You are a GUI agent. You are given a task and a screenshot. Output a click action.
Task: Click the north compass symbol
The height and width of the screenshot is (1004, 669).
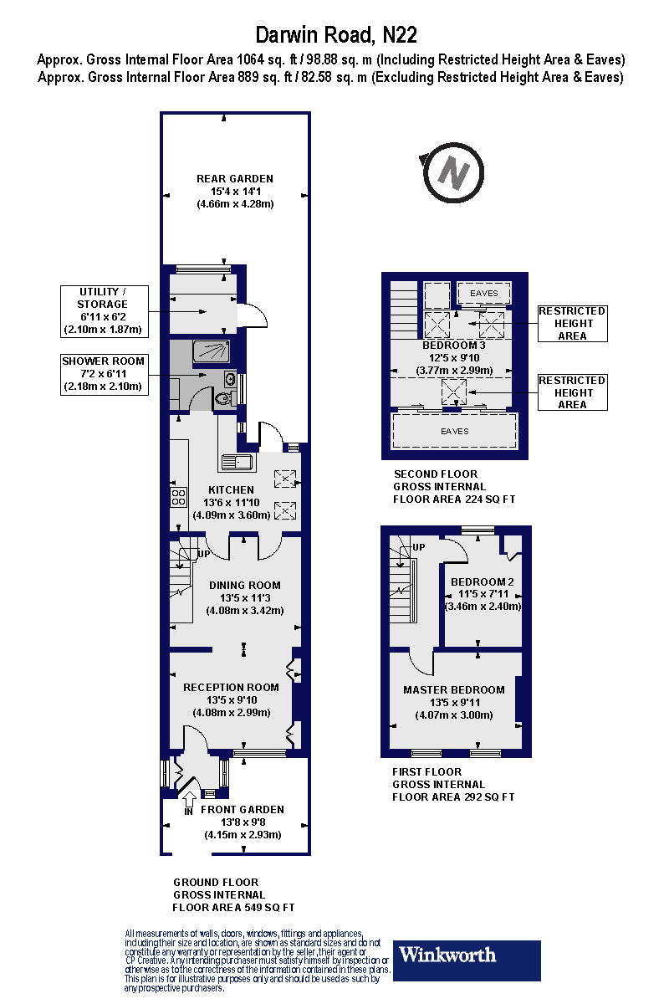click(454, 172)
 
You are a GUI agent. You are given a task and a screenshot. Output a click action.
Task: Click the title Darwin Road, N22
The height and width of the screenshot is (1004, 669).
click(335, 35)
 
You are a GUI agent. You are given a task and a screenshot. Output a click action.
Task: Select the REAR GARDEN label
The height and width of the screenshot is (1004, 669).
click(235, 178)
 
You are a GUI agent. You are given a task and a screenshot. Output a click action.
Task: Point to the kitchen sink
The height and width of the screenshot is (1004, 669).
click(237, 461)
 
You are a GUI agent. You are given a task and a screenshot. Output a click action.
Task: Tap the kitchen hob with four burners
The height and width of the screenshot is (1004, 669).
click(178, 498)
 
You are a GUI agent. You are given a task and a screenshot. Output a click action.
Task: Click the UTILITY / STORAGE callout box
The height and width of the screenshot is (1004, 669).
click(104, 310)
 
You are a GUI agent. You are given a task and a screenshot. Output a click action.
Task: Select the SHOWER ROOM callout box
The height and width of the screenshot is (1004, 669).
click(104, 374)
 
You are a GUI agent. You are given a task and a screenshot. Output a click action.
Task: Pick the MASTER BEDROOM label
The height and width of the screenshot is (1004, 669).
click(454, 690)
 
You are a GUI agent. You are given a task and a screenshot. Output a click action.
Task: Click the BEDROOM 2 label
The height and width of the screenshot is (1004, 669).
click(483, 582)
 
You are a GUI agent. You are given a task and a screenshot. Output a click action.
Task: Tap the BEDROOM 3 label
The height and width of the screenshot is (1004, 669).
click(454, 346)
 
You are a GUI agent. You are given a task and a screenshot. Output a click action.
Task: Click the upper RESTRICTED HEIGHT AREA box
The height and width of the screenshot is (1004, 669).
click(572, 323)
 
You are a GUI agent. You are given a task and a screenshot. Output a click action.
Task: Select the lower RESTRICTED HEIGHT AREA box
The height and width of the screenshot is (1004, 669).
click(572, 392)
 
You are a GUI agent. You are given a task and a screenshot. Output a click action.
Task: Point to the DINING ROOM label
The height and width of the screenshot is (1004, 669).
click(244, 586)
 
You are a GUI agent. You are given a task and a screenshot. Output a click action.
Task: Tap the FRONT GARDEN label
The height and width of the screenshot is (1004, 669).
click(243, 810)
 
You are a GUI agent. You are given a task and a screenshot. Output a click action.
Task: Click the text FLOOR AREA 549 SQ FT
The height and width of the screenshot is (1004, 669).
click(233, 908)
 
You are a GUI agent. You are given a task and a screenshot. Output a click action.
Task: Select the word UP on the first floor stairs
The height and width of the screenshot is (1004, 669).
click(419, 547)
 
